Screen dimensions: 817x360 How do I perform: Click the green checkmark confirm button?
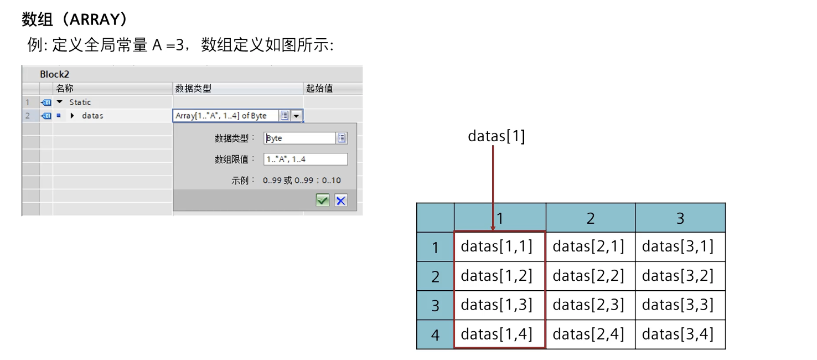coord(323,200)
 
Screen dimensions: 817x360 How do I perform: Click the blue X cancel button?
coord(341,200)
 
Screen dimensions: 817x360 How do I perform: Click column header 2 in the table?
coord(590,218)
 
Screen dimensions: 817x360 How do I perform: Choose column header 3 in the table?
coord(680,218)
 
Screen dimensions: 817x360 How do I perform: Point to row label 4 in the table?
coord(435,335)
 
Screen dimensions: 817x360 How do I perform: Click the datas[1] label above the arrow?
coord(496,136)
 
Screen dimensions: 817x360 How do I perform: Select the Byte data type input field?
coord(299,138)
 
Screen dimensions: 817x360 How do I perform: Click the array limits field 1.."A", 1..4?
coord(306,160)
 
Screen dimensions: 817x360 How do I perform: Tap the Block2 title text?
coord(54,74)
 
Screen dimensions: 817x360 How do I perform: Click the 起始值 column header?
coord(319,89)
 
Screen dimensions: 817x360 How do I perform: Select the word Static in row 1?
coord(80,102)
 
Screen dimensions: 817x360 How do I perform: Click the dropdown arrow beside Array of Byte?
coord(297,116)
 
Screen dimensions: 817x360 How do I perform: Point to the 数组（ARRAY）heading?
coord(75,20)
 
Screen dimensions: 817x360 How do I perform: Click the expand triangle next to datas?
coord(72,116)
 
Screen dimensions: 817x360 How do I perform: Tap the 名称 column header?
coord(64,89)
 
